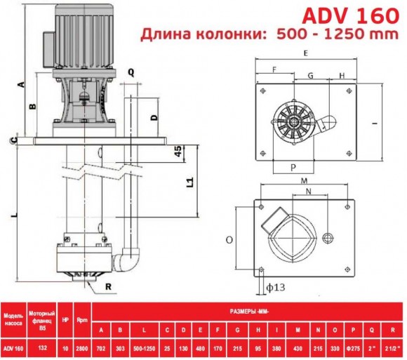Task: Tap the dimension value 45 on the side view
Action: click(178, 152)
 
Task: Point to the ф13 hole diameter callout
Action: click(276, 286)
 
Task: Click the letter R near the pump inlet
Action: click(108, 286)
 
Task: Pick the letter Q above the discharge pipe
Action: click(131, 70)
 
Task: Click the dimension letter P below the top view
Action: click(293, 168)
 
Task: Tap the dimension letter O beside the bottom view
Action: click(229, 239)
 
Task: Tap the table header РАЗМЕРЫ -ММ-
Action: click(247, 308)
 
